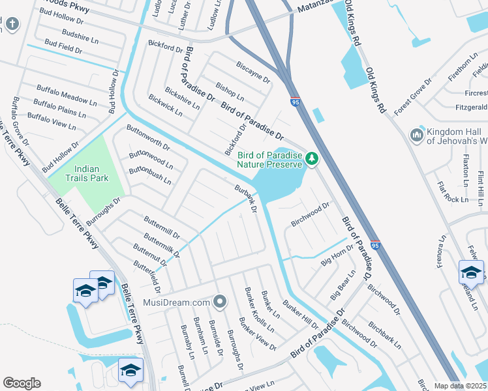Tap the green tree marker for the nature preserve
(312, 158)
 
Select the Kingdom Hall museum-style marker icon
(417, 135)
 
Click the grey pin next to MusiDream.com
(221, 302)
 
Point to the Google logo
(22, 383)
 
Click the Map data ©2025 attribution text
(461, 386)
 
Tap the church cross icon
(12, 24)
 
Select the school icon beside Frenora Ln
(471, 271)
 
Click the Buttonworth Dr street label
(148, 138)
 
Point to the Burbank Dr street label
(246, 199)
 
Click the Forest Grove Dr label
(412, 96)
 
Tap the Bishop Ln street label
(230, 92)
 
